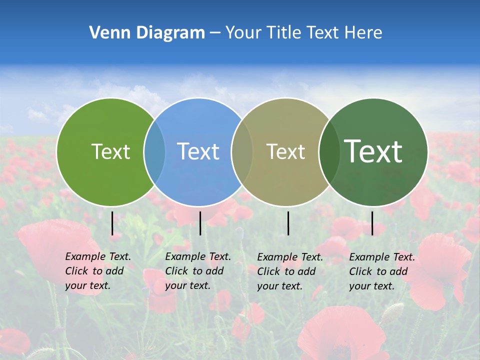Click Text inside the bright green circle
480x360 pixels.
(110, 151)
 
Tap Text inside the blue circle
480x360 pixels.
(198, 151)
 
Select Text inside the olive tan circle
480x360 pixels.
(285, 151)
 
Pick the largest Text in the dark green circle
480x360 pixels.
(373, 151)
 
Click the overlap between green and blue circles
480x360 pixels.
(154, 151)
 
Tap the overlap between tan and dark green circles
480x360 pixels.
(329, 151)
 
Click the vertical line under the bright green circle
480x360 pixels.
(112, 223)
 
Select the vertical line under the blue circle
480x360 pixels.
(200, 223)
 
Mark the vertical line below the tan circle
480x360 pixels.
(288, 223)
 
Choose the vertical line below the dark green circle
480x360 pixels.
(372, 223)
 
